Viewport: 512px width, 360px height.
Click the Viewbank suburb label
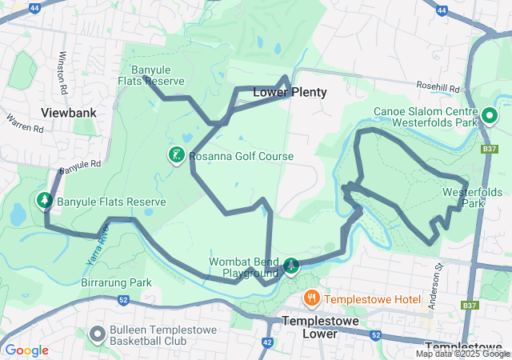(69, 113)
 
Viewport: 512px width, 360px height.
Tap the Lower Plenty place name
(290, 93)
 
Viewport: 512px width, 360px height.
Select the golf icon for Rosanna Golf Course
(174, 154)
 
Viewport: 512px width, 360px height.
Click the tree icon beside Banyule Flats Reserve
(45, 200)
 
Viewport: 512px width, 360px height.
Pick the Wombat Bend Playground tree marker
(292, 266)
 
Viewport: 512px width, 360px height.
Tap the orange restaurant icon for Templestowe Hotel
(311, 299)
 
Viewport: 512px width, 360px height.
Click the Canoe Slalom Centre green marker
(489, 117)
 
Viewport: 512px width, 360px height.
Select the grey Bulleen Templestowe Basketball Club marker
(98, 334)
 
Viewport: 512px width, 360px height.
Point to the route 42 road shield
(267, 342)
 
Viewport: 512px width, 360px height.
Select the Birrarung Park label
(116, 282)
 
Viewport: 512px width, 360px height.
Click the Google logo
(26, 350)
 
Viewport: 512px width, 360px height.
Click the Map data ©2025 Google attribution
(462, 354)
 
